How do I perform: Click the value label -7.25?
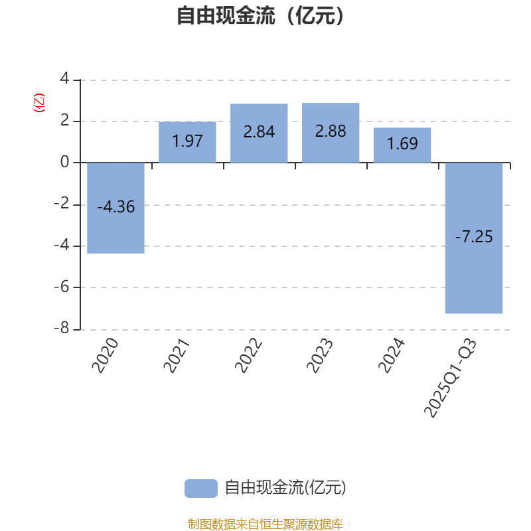(x=474, y=236)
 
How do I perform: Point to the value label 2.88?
(x=331, y=131)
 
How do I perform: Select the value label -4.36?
(x=116, y=207)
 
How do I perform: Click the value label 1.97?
(x=187, y=141)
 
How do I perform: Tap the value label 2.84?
(x=259, y=131)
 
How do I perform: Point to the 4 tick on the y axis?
(x=64, y=79)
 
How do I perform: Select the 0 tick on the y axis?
(x=64, y=163)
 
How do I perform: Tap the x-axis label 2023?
(x=320, y=356)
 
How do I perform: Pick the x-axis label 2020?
(x=106, y=356)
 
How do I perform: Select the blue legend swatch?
(x=200, y=488)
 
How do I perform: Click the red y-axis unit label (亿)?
(x=39, y=103)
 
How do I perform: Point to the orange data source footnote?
(x=265, y=524)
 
